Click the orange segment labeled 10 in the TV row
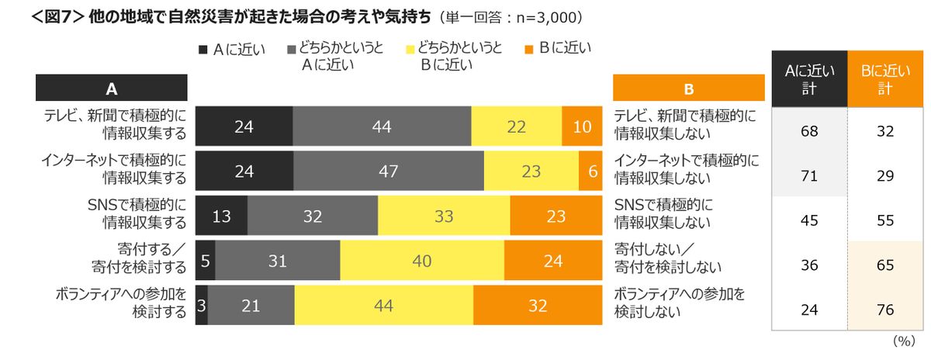[582, 126]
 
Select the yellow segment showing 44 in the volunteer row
[383, 306]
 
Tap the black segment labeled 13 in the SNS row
[221, 216]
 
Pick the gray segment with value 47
[389, 171]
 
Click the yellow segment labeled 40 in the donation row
[422, 261]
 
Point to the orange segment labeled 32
[538, 306]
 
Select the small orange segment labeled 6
[590, 171]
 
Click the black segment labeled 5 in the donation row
[206, 261]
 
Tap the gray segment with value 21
[251, 306]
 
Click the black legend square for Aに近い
[203, 50]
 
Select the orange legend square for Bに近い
[529, 50]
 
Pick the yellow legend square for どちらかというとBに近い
[409, 50]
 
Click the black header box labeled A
[112, 88]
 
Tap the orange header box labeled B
[688, 88]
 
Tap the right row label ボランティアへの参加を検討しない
[679, 304]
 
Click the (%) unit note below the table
[905, 341]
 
